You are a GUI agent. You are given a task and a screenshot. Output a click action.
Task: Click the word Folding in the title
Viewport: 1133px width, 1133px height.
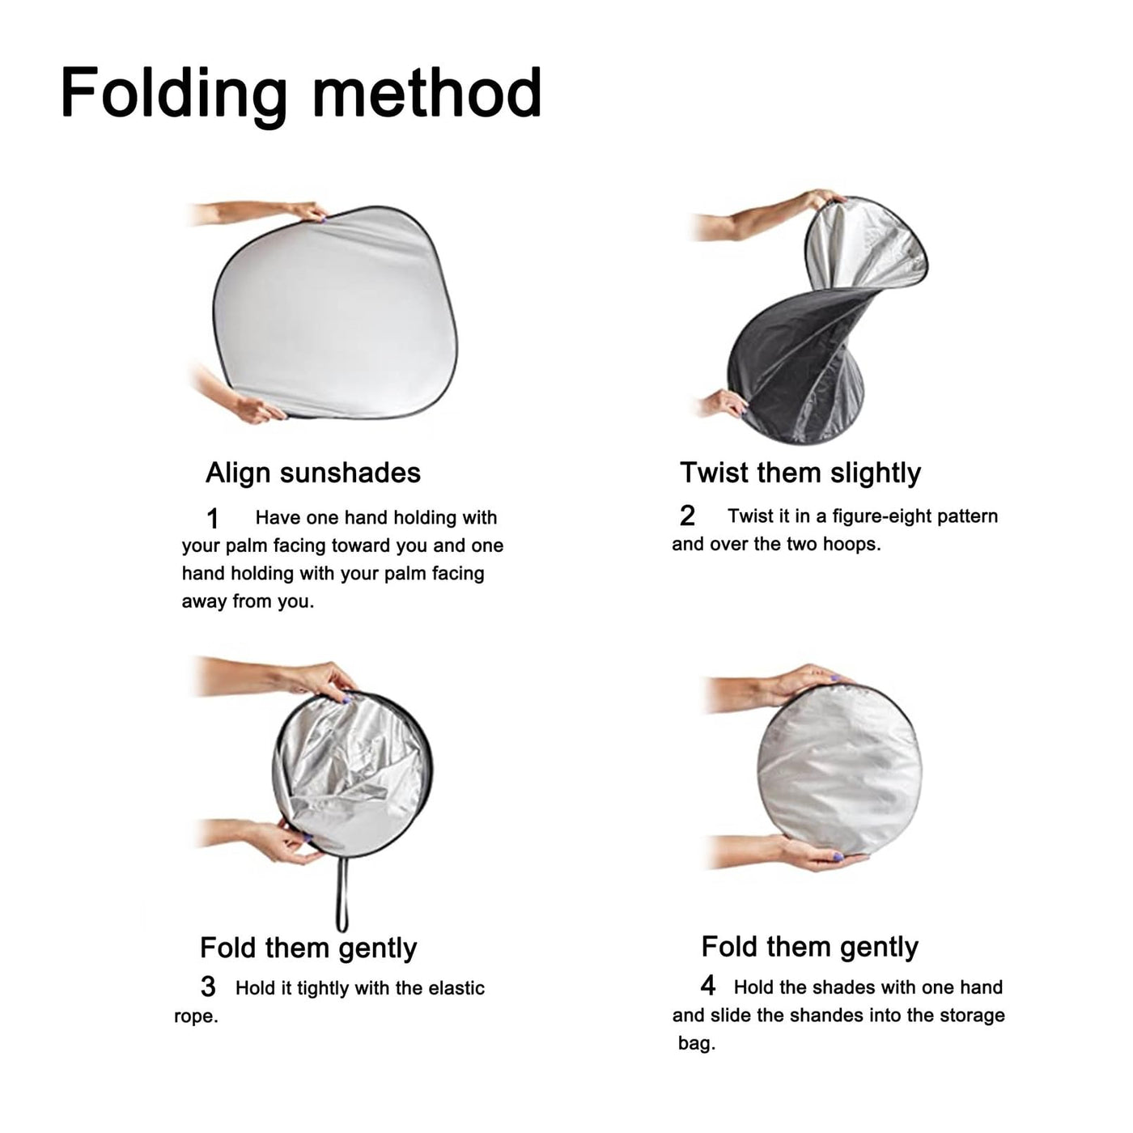coord(174,94)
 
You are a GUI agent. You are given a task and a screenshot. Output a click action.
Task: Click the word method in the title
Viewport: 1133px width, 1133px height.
coord(426,91)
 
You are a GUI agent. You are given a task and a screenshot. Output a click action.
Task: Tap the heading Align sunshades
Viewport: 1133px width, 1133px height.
coord(313,473)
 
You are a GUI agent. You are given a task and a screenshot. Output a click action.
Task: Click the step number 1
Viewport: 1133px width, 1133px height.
coord(212,519)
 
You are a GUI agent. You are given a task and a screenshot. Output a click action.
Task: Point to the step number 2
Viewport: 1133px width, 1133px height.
coord(687,516)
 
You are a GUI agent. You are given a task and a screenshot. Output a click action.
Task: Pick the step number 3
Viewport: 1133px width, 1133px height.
coord(207,987)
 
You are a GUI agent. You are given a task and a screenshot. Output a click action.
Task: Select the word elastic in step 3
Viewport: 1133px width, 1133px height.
coord(456,988)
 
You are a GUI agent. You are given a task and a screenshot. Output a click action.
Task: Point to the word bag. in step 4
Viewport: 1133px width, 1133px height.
coord(697,1045)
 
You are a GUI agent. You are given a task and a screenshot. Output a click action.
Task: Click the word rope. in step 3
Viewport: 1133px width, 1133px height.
coord(197,1017)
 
